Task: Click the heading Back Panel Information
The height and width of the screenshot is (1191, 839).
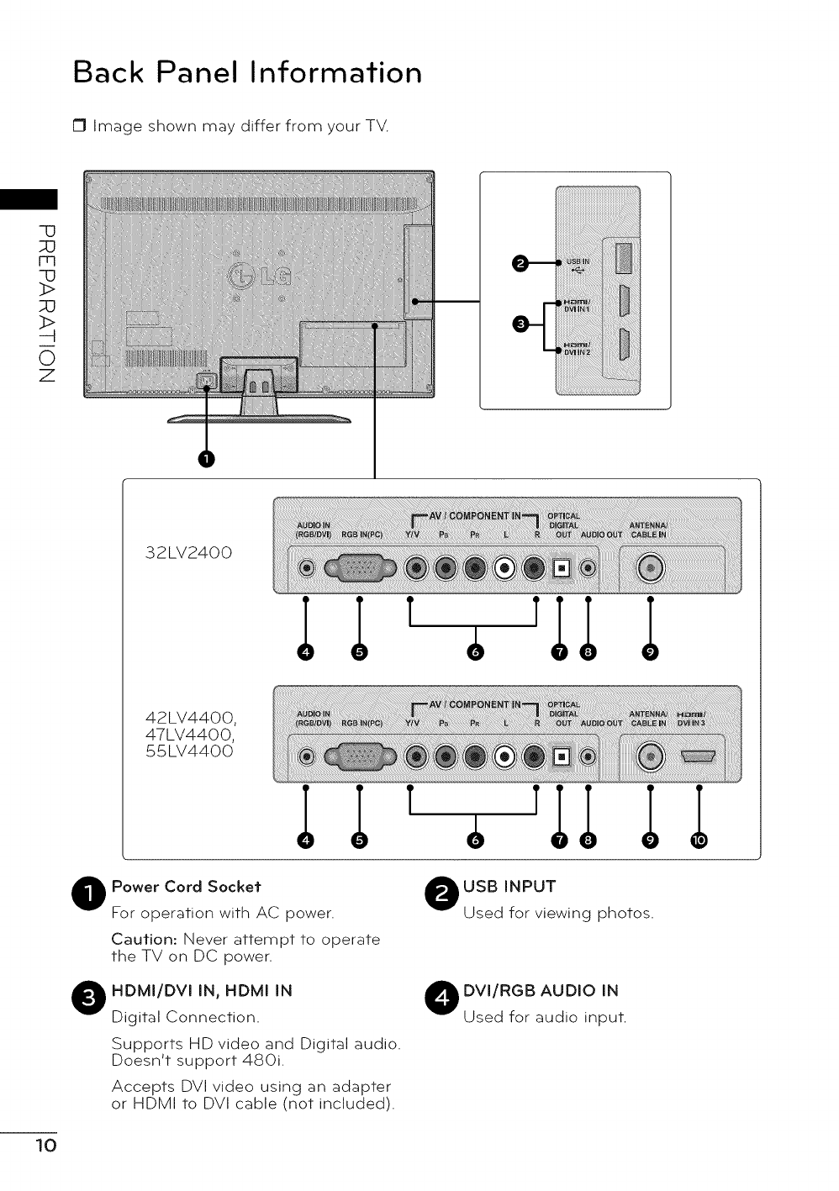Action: coord(247,72)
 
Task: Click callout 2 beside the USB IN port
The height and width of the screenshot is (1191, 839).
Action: coord(521,264)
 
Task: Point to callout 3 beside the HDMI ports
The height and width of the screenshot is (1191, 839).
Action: coord(521,324)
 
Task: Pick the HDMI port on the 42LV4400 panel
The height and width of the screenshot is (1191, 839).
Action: coord(699,757)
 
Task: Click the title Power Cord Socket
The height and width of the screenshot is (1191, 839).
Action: coord(186,887)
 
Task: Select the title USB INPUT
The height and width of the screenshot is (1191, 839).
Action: coord(509,887)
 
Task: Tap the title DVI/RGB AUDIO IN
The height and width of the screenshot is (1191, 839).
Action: coord(541,990)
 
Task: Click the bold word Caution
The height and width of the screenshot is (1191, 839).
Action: coord(144,939)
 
